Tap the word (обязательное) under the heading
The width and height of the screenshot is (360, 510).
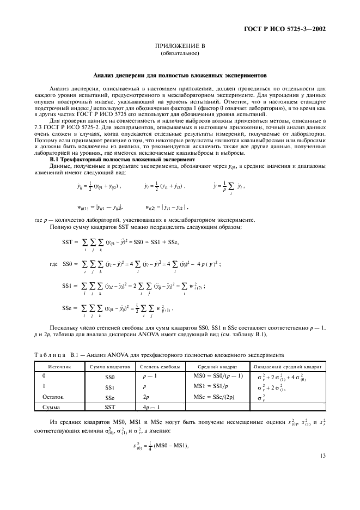179,54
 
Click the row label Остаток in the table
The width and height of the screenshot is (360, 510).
53,397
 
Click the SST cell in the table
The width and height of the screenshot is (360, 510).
110,406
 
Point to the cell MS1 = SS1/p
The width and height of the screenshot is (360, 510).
210,386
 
